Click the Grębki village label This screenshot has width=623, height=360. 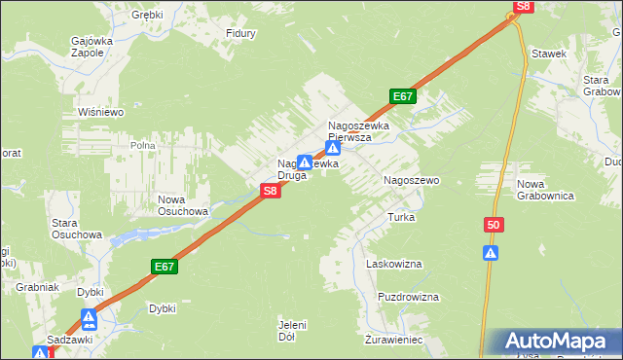coord(149,16)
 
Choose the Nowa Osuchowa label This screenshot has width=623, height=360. coord(183,205)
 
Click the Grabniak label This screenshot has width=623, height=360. coord(38,288)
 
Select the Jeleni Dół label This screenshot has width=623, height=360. coord(292,331)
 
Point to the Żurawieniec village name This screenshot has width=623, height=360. coord(393,341)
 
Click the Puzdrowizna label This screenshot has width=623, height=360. coord(409,297)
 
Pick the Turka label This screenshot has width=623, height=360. coord(402,217)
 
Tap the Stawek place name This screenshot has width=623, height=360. coord(548,54)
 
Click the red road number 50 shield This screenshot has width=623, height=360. coord(494,226)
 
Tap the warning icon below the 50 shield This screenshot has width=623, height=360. coord(492,254)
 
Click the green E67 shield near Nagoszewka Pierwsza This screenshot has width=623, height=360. coord(404,96)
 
